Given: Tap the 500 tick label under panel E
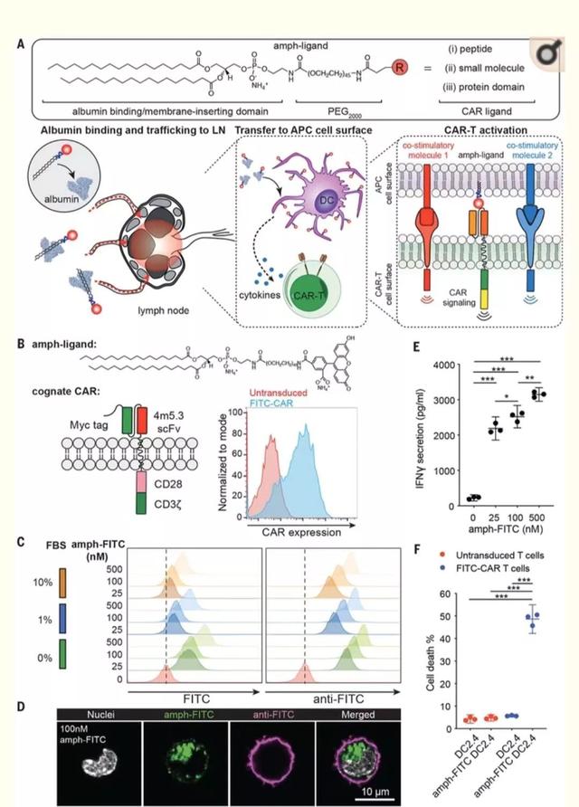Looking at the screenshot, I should click(x=539, y=513).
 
